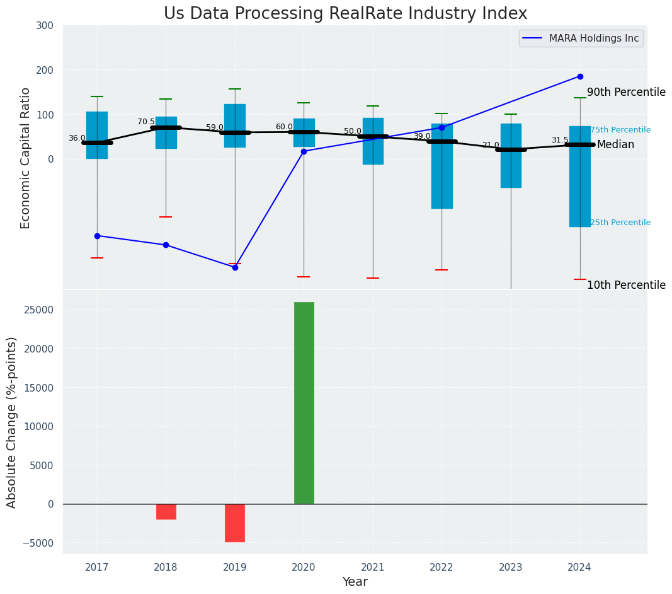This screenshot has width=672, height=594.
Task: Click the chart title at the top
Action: point(345,14)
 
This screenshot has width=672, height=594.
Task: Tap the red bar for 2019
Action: point(235,523)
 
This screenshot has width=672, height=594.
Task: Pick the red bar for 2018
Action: point(166,511)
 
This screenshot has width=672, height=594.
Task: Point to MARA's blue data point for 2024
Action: point(580,76)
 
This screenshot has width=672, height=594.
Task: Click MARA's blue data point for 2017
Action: point(97,236)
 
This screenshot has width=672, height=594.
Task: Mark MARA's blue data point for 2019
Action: point(235,267)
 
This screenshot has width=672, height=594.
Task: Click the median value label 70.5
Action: point(146,122)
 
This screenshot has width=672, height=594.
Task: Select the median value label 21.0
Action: point(491,145)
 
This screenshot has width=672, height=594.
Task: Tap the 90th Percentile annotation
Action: point(626,92)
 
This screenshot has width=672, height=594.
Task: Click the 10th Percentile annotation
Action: point(626,285)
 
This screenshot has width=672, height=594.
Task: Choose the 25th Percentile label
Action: point(620,223)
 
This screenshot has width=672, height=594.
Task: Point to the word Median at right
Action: point(615,145)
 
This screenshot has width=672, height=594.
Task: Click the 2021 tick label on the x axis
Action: point(373,568)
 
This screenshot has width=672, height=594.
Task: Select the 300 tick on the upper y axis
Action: point(45,26)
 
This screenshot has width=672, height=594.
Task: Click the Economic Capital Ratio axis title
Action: point(26,158)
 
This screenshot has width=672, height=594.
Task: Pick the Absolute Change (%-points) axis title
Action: point(12,422)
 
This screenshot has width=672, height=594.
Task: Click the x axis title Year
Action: point(355,582)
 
